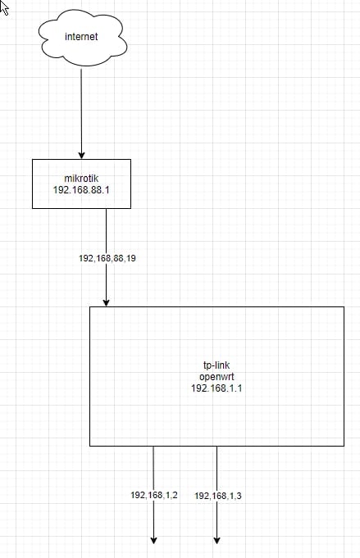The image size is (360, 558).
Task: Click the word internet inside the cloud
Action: point(81,37)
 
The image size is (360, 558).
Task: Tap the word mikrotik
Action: point(81,179)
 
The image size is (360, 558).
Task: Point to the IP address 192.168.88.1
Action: point(81,189)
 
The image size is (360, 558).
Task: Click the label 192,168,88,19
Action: point(107,258)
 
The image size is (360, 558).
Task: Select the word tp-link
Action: point(216,365)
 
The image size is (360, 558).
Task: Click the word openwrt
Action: point(216,377)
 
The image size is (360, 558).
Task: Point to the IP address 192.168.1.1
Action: point(216,388)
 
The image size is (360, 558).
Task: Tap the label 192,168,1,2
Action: point(154,495)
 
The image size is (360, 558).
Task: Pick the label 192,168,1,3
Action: point(218,496)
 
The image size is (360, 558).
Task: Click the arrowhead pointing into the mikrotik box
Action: point(81,155)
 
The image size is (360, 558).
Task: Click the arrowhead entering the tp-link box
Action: point(106,302)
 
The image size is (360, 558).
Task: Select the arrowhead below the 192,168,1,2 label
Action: point(153,540)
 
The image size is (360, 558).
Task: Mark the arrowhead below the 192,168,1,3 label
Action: point(216,540)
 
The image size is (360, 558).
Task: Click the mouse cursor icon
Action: point(3,8)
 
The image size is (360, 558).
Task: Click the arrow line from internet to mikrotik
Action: point(81,113)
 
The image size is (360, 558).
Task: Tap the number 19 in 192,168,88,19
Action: point(131,258)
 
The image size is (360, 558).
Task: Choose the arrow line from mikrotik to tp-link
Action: point(106,257)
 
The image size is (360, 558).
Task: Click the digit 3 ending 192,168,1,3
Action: point(239,496)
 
